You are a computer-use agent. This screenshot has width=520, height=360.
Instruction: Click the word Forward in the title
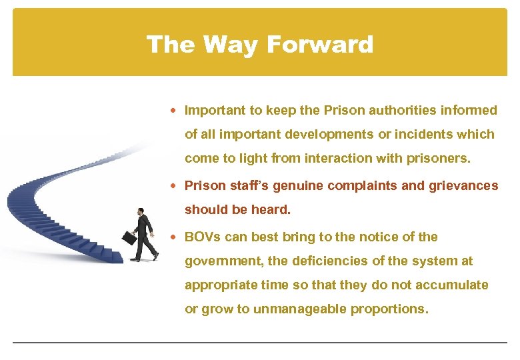point(319,45)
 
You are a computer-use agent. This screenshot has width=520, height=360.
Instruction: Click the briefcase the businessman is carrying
point(129,237)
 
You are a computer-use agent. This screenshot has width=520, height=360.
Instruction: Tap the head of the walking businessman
point(141,213)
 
